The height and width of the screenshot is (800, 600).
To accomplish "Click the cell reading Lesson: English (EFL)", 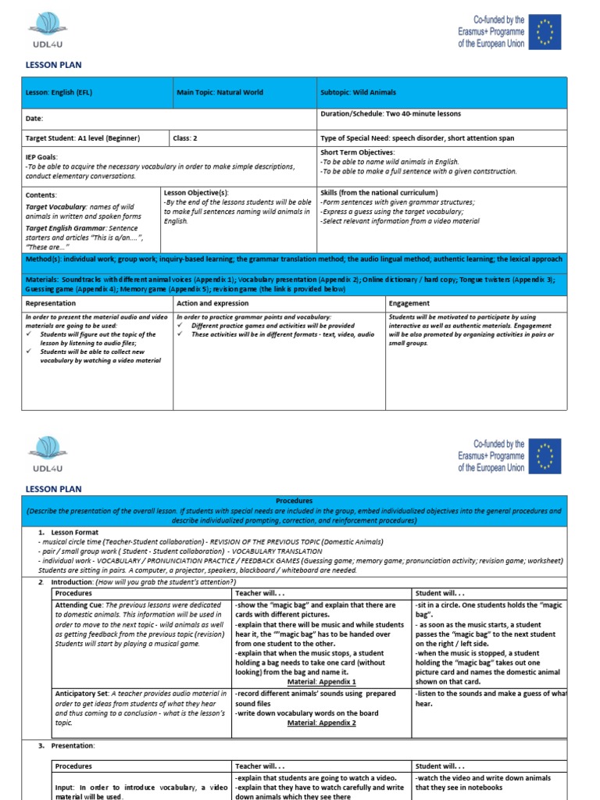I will coord(59,92).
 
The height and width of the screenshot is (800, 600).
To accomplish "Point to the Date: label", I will coord(34,119).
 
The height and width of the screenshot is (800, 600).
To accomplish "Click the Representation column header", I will coord(51,303).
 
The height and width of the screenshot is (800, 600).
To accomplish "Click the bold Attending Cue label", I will coord(79,605).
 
